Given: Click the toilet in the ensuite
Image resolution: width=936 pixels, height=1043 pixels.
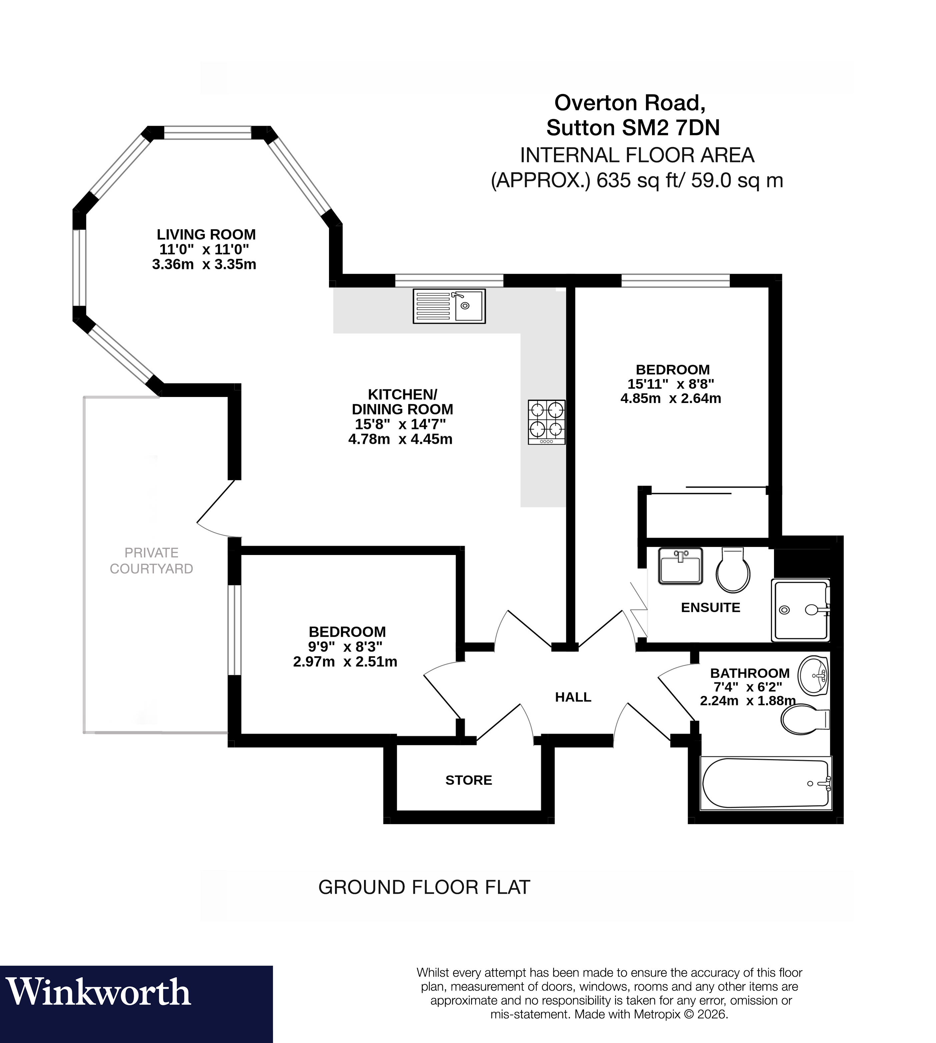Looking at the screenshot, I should tap(733, 570).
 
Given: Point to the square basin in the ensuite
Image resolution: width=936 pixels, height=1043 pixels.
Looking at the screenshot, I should tap(680, 566).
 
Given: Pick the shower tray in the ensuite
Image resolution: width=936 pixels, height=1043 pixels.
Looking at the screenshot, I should tap(800, 610).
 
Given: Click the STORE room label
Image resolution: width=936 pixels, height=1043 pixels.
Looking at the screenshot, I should tap(469, 780).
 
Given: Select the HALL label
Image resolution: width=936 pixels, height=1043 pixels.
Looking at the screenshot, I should tap(573, 697).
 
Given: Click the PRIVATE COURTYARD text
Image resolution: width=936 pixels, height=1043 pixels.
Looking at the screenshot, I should tap(151, 561).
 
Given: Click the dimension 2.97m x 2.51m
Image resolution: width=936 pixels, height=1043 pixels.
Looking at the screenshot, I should tap(345, 662).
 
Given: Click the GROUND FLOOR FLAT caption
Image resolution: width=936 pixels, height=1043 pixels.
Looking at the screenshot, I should tap(424, 887).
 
